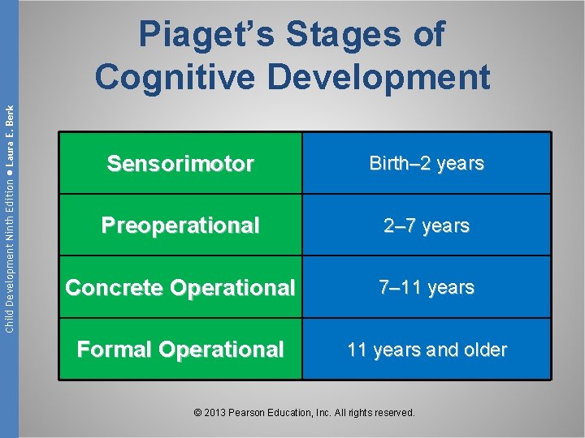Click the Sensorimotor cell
coord(180,164)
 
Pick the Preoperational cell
coord(180,225)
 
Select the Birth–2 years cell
coord(427,164)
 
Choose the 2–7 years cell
coord(427,225)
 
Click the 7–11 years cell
coord(427,288)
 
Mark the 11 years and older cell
coord(427,350)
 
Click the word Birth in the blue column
coord(389,164)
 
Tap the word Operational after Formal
coord(222,350)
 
